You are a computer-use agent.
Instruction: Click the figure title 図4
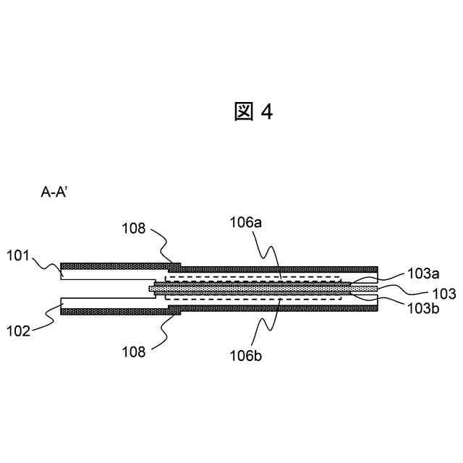pos(253,112)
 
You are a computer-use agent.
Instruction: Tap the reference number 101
pos(20,255)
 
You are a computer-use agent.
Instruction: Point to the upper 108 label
pos(134,230)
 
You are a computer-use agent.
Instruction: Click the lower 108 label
pos(134,352)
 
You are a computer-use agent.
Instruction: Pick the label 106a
pos(245,224)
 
